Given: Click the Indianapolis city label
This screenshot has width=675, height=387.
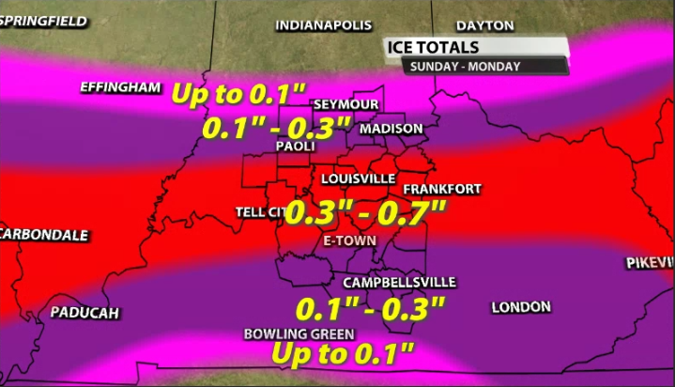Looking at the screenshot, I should (x=323, y=25).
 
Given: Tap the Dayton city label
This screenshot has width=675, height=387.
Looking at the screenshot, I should (x=484, y=25).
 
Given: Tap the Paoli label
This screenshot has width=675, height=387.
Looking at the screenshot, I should (x=295, y=146).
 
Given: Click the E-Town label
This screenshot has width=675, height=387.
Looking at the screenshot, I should (x=349, y=240).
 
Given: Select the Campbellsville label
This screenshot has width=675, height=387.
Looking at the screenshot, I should (x=399, y=282).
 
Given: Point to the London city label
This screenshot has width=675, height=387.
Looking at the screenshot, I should (x=521, y=307).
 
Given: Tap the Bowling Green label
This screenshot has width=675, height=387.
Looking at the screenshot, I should (x=298, y=333).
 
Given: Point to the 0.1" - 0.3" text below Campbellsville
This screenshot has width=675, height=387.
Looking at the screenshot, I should (x=369, y=308).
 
